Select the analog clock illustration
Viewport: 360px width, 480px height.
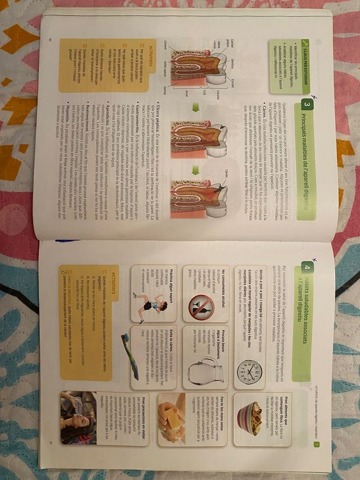click(x=250, y=371)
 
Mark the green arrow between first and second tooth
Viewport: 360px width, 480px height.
click(x=195, y=107)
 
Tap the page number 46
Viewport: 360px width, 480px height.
click(x=50, y=39)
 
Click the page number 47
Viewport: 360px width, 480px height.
click(x=50, y=443)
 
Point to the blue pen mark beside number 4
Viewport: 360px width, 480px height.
click(x=315, y=260)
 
